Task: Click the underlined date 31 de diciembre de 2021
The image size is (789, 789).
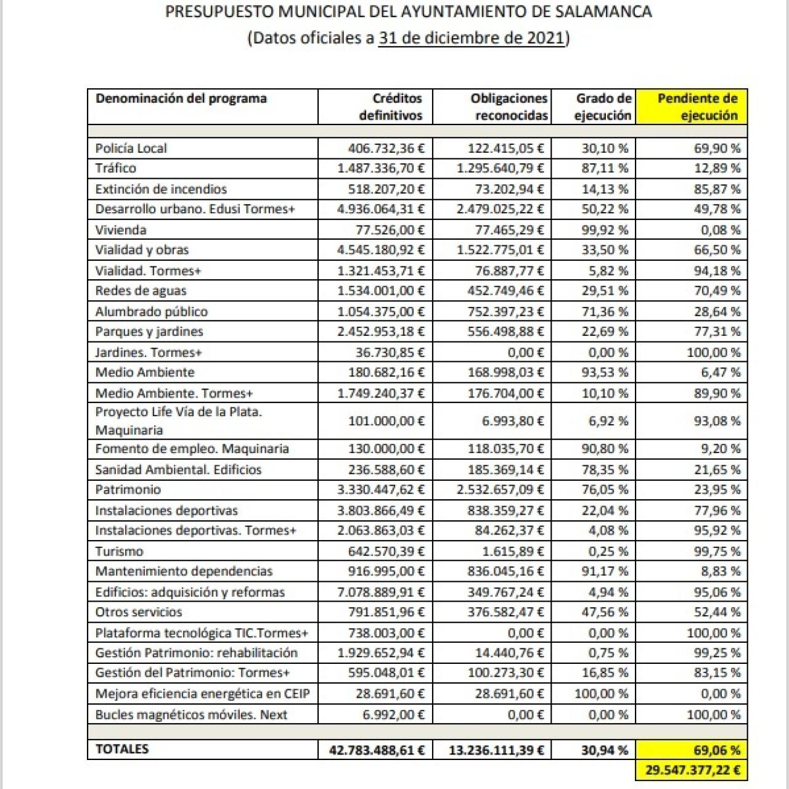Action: (x=472, y=38)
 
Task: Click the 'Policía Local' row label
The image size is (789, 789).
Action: (x=131, y=148)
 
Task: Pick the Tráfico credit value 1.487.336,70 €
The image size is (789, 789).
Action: (x=381, y=168)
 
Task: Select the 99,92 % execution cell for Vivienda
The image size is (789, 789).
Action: (x=605, y=230)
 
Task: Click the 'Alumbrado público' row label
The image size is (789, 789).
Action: (x=151, y=311)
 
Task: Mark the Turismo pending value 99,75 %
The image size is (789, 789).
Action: (x=717, y=551)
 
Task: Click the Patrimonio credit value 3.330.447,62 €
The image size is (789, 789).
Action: (x=381, y=490)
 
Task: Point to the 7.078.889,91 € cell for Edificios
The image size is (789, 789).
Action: (x=381, y=592)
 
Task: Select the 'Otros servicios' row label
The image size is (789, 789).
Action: (x=139, y=612)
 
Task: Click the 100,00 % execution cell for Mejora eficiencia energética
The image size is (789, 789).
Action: (x=601, y=694)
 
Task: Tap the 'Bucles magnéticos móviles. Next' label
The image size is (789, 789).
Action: (x=191, y=715)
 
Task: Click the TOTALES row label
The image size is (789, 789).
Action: (x=122, y=749)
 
